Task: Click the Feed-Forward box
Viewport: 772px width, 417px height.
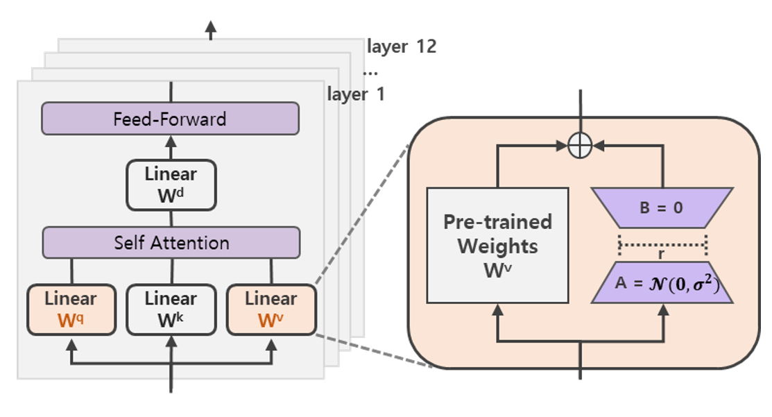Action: click(170, 119)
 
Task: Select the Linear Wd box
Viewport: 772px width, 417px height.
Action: click(171, 185)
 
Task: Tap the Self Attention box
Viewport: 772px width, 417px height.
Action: click(171, 243)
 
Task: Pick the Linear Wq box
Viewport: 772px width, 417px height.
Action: click(71, 309)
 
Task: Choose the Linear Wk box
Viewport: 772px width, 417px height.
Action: click(171, 309)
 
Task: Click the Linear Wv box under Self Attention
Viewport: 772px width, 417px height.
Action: click(271, 309)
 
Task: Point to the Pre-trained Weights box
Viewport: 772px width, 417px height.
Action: click(497, 245)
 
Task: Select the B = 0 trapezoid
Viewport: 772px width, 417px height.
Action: click(662, 207)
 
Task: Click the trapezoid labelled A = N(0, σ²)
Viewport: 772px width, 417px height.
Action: click(662, 284)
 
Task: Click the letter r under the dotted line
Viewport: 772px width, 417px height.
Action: click(662, 254)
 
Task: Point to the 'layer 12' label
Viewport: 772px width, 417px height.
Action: click(402, 47)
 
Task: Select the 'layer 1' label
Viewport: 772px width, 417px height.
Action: click(355, 94)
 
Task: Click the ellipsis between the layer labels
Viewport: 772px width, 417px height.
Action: click(370, 71)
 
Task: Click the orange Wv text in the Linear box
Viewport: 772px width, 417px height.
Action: click(270, 320)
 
